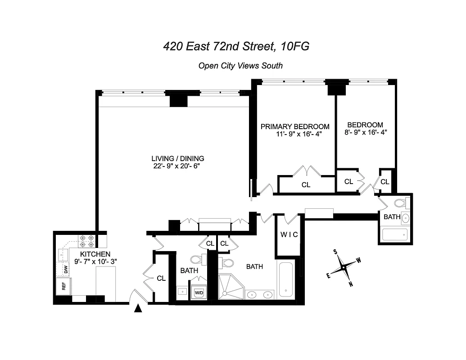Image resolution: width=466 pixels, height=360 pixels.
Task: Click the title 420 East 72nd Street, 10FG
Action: [x=236, y=46]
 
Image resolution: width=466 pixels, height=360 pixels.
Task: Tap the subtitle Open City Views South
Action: [x=240, y=66]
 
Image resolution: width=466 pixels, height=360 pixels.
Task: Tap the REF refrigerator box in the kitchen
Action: [x=63, y=286]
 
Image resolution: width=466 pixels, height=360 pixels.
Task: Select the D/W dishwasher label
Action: [x=66, y=270]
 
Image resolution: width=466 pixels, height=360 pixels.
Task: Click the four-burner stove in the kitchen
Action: [x=86, y=242]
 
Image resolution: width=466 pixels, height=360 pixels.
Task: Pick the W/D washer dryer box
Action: [x=199, y=292]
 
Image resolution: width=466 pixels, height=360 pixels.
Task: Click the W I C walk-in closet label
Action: [x=289, y=234]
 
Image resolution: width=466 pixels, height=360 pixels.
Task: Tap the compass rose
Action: [x=344, y=267]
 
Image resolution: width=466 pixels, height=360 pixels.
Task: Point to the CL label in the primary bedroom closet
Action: [x=306, y=184]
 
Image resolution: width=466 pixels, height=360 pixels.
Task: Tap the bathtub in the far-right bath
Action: [x=394, y=235]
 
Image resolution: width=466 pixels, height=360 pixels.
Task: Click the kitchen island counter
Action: [x=106, y=283]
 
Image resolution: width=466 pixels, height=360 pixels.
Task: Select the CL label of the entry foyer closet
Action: [x=161, y=278]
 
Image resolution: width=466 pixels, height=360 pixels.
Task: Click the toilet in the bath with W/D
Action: [x=197, y=260]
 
